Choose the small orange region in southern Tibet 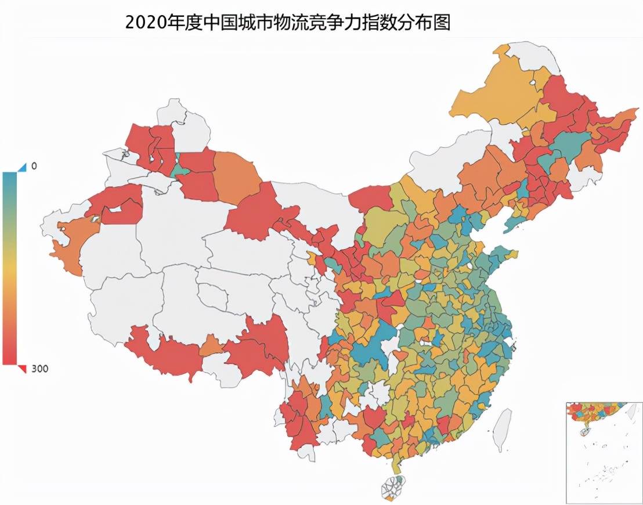[x=212, y=348]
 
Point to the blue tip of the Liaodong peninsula [x=511, y=225]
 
